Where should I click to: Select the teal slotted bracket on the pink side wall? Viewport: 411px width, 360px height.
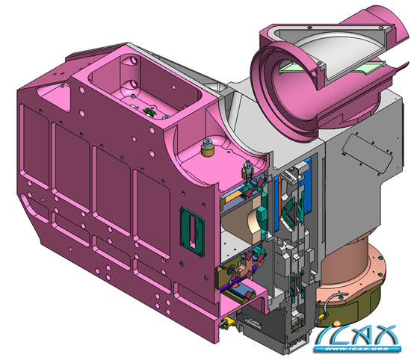point(192,232)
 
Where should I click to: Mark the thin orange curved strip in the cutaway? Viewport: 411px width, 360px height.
point(280,194)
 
